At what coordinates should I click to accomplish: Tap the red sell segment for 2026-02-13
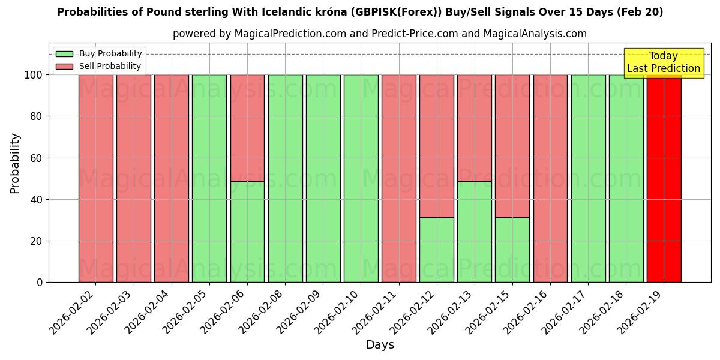(x=475, y=128)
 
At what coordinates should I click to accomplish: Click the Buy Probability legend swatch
(x=64, y=54)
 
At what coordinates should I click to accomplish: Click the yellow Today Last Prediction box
(x=664, y=63)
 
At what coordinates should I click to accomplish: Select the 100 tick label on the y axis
(x=34, y=75)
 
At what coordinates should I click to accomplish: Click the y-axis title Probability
(x=15, y=163)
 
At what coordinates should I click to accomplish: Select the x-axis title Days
(x=380, y=345)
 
